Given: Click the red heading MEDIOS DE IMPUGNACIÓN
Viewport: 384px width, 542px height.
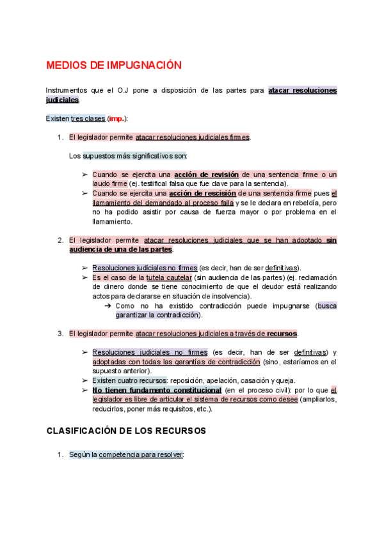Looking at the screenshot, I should coord(114,66).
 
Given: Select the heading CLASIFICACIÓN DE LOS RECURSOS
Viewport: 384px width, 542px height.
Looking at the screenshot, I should coord(126,431).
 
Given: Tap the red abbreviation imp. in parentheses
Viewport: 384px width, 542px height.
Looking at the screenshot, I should coord(117,119).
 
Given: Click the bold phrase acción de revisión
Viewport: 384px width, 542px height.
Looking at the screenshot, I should coord(206,174).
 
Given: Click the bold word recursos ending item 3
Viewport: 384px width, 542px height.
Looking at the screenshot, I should coord(282,334).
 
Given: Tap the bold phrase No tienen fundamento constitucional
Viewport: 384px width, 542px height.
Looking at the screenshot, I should coord(157,390).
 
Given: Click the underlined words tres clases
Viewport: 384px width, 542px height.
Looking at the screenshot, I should coord(88,119).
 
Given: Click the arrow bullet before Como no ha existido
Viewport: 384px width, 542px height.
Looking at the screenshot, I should coord(108,306).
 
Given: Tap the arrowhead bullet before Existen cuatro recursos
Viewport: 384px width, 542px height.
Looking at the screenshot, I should coord(84,380).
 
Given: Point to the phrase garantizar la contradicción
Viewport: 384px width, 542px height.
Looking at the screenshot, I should coord(157,315).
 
